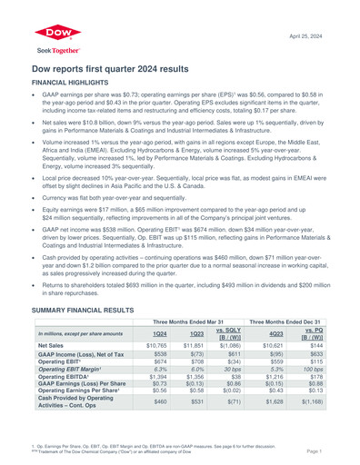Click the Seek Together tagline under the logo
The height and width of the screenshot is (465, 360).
[52, 50]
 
